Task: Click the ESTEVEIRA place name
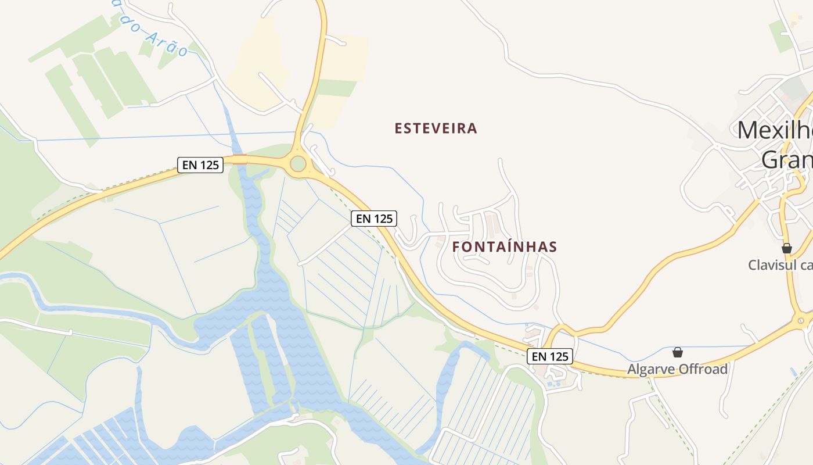pyautogui.click(x=436, y=128)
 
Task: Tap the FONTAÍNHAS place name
pyautogui.click(x=505, y=247)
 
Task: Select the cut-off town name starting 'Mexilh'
pyautogui.click(x=775, y=130)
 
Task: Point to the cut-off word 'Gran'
pyautogui.click(x=786, y=159)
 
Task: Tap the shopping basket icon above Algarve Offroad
pyautogui.click(x=677, y=352)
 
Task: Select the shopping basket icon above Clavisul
pyautogui.click(x=787, y=248)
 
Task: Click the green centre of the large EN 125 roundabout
pyautogui.click(x=298, y=164)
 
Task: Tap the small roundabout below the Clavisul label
pyautogui.click(x=801, y=319)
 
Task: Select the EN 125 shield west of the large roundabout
pyautogui.click(x=200, y=165)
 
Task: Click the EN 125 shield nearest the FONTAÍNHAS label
pyautogui.click(x=374, y=219)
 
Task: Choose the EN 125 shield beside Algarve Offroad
pyautogui.click(x=550, y=356)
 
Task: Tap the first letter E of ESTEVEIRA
pyautogui.click(x=398, y=128)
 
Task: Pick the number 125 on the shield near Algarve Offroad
pyautogui.click(x=559, y=356)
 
